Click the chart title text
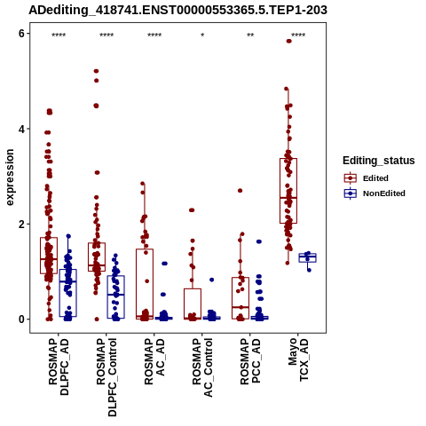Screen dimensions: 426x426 tap(177, 11)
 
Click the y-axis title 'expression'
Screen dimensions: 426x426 tap(10, 177)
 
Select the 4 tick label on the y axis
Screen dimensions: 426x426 tap(21, 129)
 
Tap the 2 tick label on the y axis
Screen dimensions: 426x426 tap(21, 225)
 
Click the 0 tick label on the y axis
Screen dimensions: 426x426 tap(21, 319)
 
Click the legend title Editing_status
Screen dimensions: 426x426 tap(379, 161)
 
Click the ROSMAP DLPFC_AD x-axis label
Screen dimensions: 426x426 tap(59, 367)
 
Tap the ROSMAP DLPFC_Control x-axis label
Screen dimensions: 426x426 tap(106, 377)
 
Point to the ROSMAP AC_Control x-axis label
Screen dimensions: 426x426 tap(202, 367)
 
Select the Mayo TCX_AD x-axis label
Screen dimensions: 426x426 tap(298, 360)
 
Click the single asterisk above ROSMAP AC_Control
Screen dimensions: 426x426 tap(202, 35)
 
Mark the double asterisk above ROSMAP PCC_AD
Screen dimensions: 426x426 tap(250, 35)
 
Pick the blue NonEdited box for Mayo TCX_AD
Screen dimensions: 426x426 tap(307, 257)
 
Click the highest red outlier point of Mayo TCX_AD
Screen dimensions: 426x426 tap(288, 41)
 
